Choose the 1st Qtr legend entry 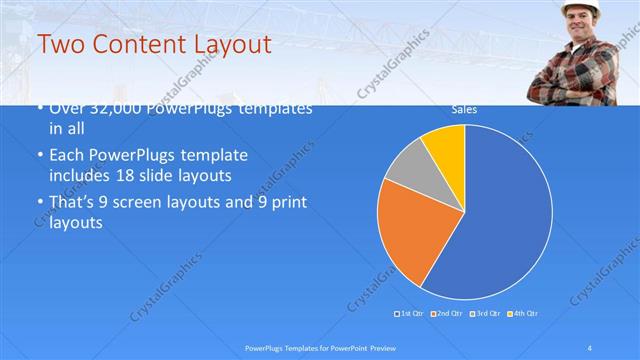click(410, 314)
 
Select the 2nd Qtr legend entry click(445, 314)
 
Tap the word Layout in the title click(233, 44)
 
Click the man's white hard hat click(580, 8)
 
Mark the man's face click(580, 26)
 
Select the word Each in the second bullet click(66, 156)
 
